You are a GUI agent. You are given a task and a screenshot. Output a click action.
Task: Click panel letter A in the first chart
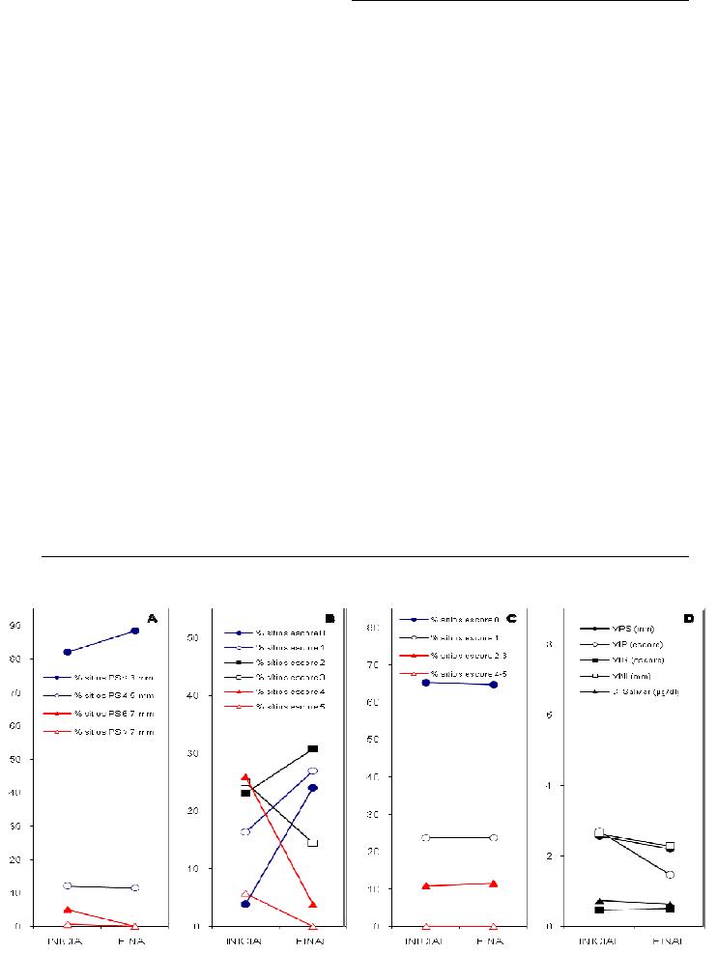pos(152,618)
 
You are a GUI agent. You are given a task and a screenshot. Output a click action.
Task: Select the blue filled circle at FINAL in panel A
pos(134,631)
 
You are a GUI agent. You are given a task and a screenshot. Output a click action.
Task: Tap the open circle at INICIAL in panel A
pos(68,885)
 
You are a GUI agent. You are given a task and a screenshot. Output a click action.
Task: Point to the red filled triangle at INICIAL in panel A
pos(68,909)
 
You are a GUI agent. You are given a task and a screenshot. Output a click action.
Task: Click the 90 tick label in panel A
pos(17,626)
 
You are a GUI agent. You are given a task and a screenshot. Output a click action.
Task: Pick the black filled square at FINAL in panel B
pos(313,748)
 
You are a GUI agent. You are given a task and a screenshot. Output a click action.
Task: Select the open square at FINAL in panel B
pos(313,843)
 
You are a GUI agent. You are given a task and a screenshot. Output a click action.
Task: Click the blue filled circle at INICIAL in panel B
pos(245,904)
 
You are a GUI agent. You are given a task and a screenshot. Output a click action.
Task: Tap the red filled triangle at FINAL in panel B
pos(313,904)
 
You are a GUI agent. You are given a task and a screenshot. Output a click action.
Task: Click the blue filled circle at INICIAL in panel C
pos(426,683)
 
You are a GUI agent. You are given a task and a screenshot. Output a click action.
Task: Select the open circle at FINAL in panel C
pos(494,837)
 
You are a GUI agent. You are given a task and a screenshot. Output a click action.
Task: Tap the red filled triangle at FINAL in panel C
pos(494,884)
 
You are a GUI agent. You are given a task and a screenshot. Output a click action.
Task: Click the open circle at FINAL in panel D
pos(670,875)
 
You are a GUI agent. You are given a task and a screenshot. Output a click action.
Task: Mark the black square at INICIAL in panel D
pos(599,910)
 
